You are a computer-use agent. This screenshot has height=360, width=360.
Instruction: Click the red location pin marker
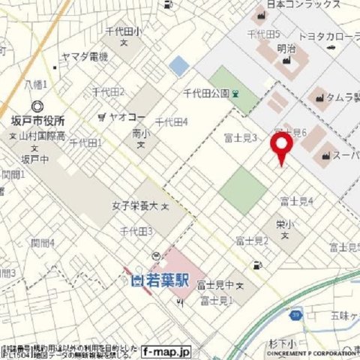click(x=281, y=148)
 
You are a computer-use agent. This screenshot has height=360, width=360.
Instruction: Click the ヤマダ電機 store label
click(x=85, y=57)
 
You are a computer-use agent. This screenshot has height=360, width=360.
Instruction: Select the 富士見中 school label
click(x=216, y=285)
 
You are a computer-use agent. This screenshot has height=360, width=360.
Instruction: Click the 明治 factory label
click(x=286, y=48)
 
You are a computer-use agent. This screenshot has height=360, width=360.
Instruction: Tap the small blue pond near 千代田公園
click(x=178, y=66)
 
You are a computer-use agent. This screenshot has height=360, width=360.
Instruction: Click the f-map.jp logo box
click(x=166, y=351)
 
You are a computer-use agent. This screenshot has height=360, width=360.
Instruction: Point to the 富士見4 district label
click(x=296, y=201)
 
